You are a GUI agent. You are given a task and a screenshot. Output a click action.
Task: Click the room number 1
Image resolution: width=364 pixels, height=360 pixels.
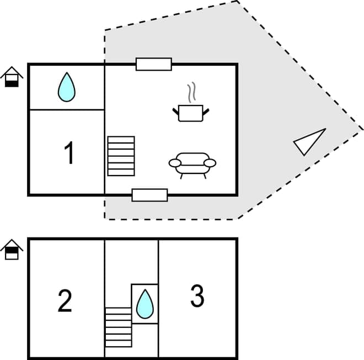click(69, 153)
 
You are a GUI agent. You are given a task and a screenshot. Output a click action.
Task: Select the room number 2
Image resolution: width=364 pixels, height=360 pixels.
click(65, 300)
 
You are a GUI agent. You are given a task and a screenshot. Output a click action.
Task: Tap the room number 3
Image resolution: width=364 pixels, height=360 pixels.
click(197, 297)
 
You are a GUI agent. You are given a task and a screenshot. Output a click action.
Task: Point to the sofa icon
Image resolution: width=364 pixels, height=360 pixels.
click(192, 163)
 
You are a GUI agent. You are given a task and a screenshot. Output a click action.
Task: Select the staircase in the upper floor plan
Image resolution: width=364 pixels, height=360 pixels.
click(121, 156)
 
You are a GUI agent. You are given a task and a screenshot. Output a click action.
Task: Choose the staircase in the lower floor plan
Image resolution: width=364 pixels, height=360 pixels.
click(119, 327)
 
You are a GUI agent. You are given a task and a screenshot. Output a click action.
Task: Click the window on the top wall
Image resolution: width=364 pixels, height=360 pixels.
click(154, 64)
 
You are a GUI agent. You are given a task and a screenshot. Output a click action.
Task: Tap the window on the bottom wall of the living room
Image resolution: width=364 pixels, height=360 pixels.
click(149, 195)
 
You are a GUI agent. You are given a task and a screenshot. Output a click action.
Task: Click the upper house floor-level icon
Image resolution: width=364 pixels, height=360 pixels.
click(12, 77)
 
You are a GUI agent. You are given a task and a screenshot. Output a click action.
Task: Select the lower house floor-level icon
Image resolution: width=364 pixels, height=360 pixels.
click(12, 250)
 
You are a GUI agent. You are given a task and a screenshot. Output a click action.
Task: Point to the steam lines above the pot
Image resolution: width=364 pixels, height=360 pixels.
click(191, 92)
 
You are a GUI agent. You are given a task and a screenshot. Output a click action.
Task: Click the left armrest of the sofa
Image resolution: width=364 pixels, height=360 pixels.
click(175, 163)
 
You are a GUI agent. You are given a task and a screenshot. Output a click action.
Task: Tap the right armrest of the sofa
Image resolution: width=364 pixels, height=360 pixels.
click(210, 163)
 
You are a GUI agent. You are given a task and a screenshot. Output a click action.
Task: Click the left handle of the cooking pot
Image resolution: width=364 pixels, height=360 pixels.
click(176, 112)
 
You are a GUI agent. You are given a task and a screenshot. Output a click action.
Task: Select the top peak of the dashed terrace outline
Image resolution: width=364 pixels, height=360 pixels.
click(238, 1)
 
